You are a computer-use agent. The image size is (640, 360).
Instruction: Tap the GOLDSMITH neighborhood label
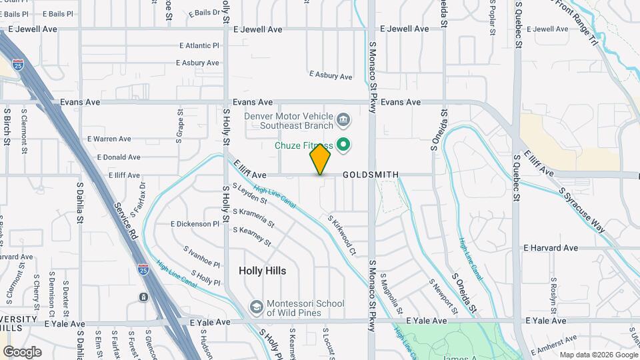pyautogui.click(x=371, y=175)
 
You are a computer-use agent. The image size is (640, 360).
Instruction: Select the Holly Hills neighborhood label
pyautogui.click(x=263, y=271)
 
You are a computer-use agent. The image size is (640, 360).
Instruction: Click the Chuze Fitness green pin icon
pyautogui.click(x=344, y=145)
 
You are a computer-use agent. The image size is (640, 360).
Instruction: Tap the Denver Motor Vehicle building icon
pyautogui.click(x=343, y=120)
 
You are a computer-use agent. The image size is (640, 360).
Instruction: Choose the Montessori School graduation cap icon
pyautogui.click(x=255, y=307)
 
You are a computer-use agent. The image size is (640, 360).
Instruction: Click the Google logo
pyautogui.click(x=22, y=351)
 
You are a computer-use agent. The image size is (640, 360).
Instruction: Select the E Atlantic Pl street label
pyautogui.click(x=199, y=46)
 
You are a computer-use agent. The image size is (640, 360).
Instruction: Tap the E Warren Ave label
pyautogui.click(x=109, y=139)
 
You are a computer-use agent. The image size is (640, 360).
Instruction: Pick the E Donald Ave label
pyautogui.click(x=119, y=157)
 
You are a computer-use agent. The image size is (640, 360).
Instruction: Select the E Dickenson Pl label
pyautogui.click(x=195, y=224)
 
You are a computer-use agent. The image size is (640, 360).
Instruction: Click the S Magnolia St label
pyautogui.click(x=391, y=292)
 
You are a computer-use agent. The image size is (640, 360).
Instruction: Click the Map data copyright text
pyautogui.click(x=598, y=355)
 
